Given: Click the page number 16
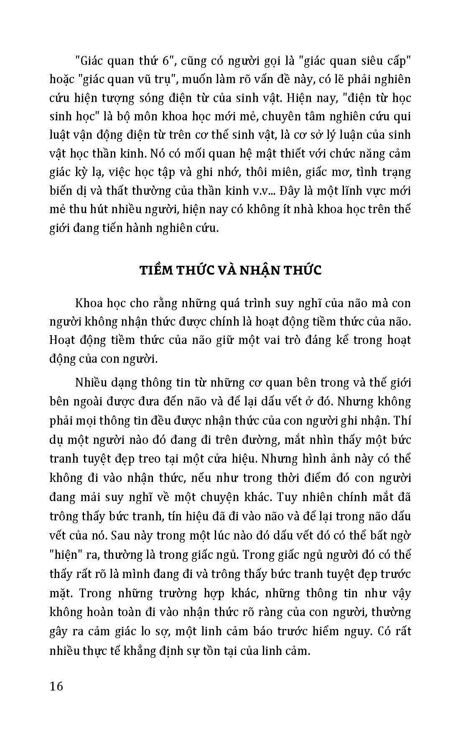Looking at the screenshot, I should click(x=56, y=686).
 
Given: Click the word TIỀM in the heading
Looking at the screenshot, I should click(x=158, y=270).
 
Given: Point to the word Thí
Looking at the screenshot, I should click(x=403, y=419).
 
